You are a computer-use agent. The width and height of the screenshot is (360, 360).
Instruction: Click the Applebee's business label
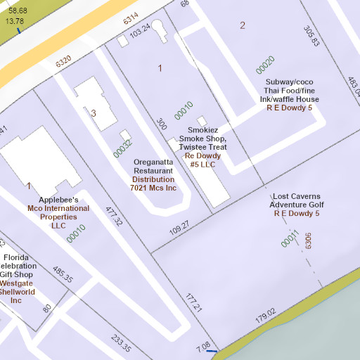[58, 200]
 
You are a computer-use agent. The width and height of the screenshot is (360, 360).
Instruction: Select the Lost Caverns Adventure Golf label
[296, 200]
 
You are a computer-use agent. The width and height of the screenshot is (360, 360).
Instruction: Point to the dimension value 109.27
[179, 227]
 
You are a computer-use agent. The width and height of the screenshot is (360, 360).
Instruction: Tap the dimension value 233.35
[120, 344]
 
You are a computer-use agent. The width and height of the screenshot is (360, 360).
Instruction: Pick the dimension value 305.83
[311, 36]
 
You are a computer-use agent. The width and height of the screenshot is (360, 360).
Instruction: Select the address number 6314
[131, 20]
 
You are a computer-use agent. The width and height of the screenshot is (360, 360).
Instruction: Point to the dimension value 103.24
[141, 31]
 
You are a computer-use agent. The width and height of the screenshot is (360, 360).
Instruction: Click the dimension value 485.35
[63, 274]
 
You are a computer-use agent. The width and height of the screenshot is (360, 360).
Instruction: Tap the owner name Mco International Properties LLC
[58, 217]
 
